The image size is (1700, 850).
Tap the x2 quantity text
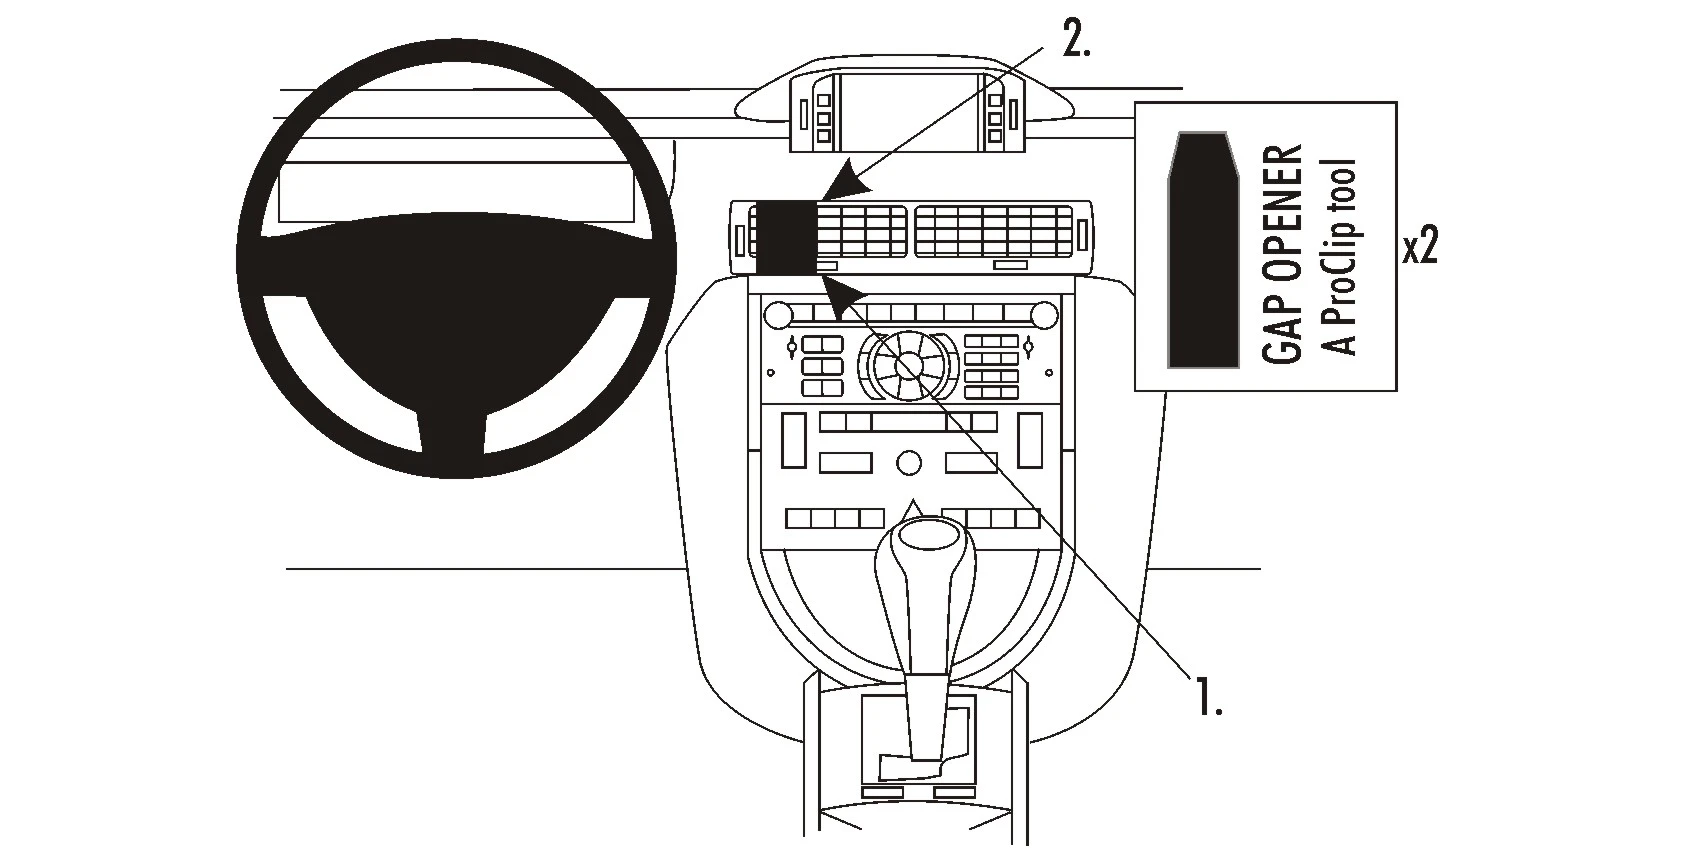(1419, 248)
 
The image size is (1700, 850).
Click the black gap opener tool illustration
(1202, 250)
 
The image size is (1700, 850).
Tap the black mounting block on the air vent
(786, 237)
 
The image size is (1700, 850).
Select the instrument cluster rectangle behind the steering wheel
(457, 193)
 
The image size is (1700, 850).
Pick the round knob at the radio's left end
(776, 316)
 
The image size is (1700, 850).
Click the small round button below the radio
(908, 463)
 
